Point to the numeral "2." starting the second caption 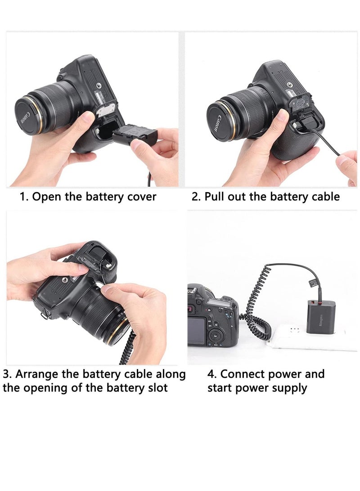tap(196, 197)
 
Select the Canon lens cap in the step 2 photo tap(218, 121)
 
